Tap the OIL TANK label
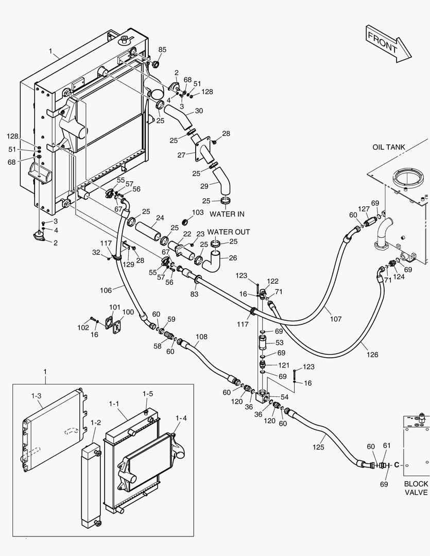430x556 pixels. pos(388,147)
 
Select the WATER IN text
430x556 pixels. pos(227,214)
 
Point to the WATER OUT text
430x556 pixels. pos(229,232)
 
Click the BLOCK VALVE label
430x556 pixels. pos(416,488)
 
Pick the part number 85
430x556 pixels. pos(163,49)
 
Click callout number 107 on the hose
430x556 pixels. pos(335,319)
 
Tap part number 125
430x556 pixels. pos(318,447)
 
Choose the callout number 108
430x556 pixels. pos(201,337)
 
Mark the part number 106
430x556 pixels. pos(106,290)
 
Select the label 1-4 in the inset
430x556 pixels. pos(181,418)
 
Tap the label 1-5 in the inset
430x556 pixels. pos(147,394)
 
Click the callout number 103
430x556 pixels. pos(198,212)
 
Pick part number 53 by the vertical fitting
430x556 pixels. pos(279,342)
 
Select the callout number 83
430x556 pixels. pos(194,294)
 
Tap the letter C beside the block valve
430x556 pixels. pos(397,465)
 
